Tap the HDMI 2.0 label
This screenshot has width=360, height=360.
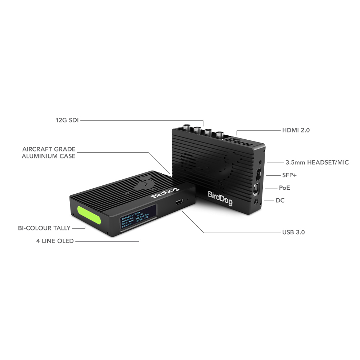pyautogui.click(x=296, y=130)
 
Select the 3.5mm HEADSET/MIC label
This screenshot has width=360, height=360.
pyautogui.click(x=317, y=162)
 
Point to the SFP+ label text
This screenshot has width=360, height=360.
pyautogui.click(x=289, y=175)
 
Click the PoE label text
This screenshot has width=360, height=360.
pyautogui.click(x=284, y=188)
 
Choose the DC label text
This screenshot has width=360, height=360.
pyautogui.click(x=280, y=200)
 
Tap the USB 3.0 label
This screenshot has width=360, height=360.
pyautogui.click(x=293, y=232)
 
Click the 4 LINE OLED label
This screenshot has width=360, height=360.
pyautogui.click(x=55, y=241)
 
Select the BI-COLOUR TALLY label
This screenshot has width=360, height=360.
pyautogui.click(x=44, y=228)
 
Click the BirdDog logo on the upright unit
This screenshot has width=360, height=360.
pyautogui.click(x=220, y=198)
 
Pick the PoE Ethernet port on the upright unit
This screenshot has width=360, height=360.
pyautogui.click(x=256, y=188)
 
